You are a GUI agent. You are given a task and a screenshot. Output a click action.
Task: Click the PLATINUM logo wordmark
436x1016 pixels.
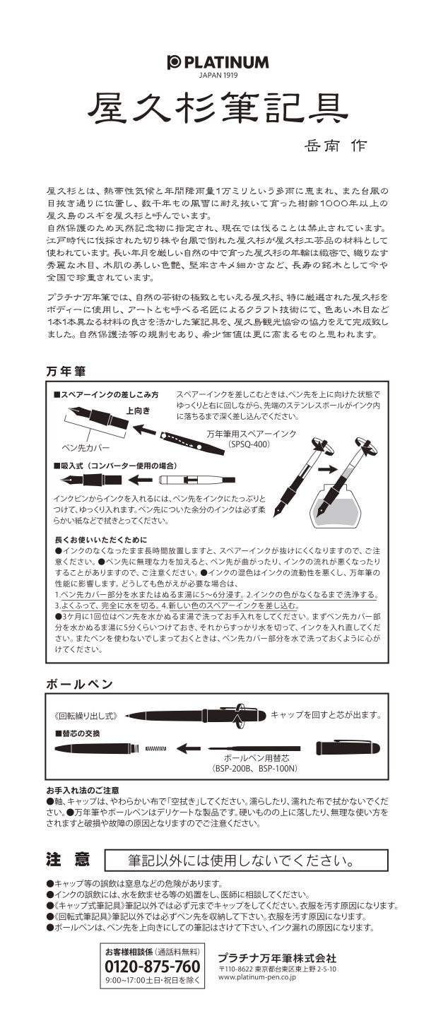click(218, 62)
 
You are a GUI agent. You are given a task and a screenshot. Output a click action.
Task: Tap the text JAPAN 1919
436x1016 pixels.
click(218, 76)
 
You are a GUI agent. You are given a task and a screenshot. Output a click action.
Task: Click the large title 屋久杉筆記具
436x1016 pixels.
click(218, 110)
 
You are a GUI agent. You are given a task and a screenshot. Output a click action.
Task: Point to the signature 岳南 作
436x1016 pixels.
click(336, 146)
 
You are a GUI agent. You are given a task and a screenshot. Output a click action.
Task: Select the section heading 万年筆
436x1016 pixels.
click(66, 372)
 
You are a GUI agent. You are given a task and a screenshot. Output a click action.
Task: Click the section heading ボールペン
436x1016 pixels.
click(80, 685)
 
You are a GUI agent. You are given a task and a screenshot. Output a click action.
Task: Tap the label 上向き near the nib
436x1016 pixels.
click(138, 410)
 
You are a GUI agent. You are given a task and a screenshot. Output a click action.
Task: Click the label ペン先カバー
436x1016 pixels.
click(86, 448)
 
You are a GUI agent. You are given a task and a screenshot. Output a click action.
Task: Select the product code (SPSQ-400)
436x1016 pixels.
click(249, 444)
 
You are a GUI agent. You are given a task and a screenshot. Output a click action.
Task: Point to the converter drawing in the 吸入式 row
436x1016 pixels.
click(199, 480)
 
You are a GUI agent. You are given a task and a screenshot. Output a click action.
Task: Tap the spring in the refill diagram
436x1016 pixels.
click(155, 748)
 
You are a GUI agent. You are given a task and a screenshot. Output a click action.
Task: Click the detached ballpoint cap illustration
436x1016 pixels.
click(348, 748)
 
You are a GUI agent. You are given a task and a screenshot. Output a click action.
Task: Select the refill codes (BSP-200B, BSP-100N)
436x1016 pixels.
click(255, 768)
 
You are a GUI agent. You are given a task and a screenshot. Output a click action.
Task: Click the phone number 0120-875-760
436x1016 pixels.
click(153, 967)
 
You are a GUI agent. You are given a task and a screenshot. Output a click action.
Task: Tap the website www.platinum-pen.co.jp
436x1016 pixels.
click(257, 977)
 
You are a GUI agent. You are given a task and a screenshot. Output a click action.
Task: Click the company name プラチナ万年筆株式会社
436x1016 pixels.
click(277, 958)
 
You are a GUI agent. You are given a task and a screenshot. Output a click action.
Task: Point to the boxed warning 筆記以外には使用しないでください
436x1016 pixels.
click(247, 860)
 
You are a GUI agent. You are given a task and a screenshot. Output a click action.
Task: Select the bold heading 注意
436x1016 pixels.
click(68, 860)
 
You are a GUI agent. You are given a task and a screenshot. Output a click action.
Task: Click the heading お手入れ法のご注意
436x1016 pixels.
click(83, 791)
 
